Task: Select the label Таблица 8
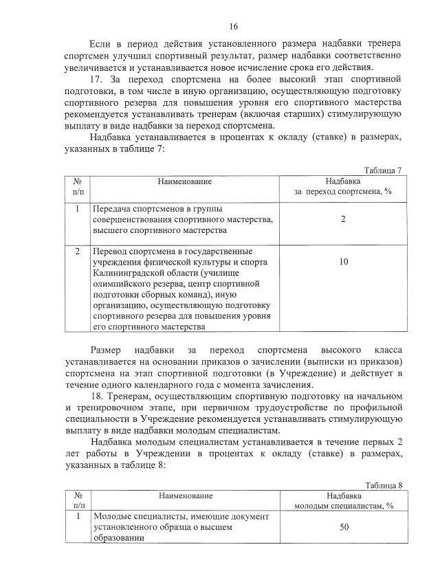[x=383, y=484]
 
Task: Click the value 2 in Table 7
[x=342, y=219]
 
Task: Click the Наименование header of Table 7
[x=184, y=181]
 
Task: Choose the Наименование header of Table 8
[x=184, y=495]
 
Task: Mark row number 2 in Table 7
[x=78, y=251]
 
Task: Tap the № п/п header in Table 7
[x=78, y=186]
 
